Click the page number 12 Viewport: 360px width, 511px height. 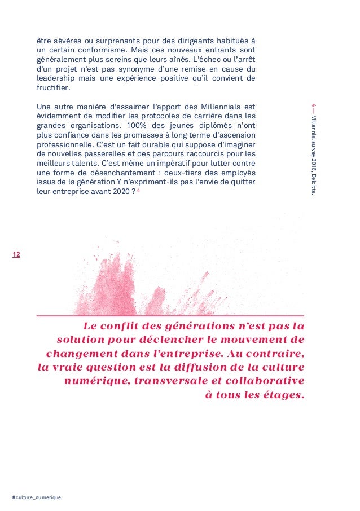(x=16, y=255)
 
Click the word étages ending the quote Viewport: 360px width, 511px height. (x=282, y=395)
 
